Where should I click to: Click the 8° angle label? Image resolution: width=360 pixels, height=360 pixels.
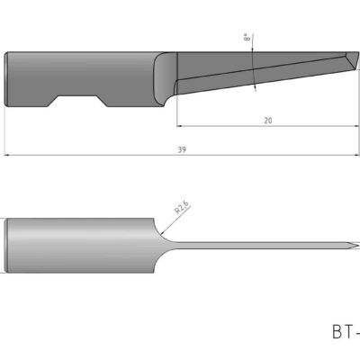pyautogui.click(x=247, y=40)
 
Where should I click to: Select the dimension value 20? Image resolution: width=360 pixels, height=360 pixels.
pyautogui.click(x=267, y=119)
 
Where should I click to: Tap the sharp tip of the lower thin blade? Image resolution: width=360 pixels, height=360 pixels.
pyautogui.click(x=356, y=245)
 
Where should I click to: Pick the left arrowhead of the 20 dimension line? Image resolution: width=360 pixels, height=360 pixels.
pyautogui.click(x=180, y=125)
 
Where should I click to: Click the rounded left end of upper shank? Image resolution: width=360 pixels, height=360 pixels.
pyautogui.click(x=10, y=80)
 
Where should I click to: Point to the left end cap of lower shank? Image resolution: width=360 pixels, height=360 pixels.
pyautogui.click(x=10, y=245)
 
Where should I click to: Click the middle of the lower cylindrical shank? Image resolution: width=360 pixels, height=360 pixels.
pyautogui.click(x=85, y=245)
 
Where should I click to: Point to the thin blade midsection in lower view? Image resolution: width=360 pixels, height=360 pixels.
pyautogui.click(x=261, y=245)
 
